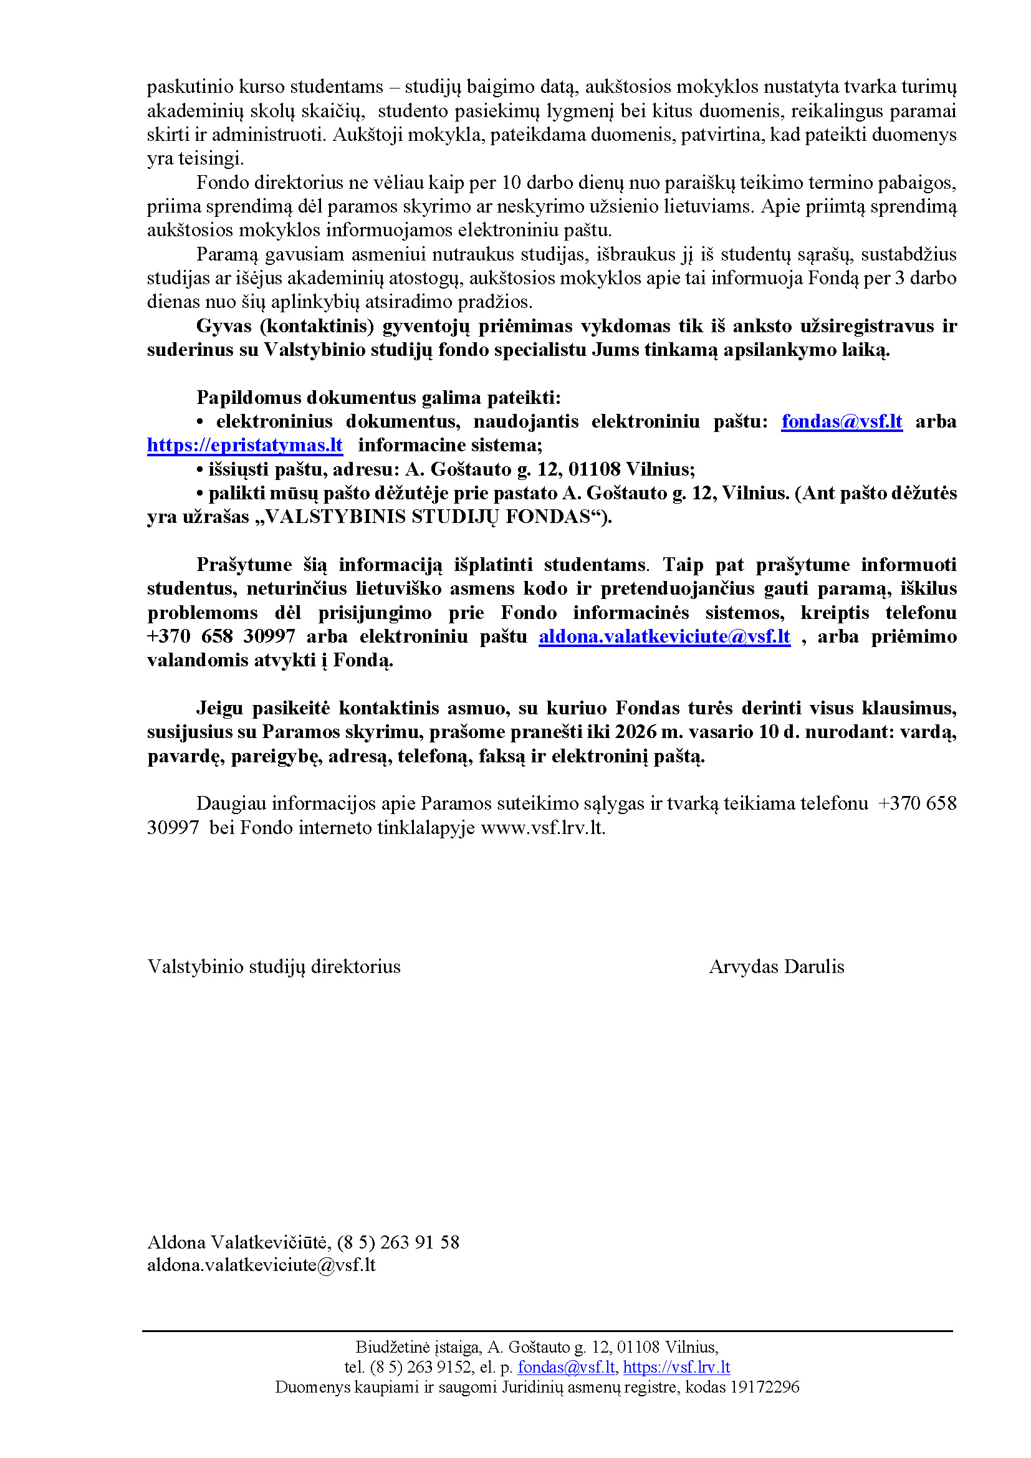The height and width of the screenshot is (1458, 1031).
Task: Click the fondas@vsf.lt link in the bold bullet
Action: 841,421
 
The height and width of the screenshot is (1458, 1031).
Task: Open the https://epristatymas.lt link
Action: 244,445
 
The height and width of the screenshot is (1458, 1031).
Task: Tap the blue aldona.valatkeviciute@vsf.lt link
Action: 664,636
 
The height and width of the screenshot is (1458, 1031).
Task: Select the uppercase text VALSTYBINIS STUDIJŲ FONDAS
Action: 428,517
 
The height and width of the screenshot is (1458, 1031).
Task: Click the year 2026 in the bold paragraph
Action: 635,732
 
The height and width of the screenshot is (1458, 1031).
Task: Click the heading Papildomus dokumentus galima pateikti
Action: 378,398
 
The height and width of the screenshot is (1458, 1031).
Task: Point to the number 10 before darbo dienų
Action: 511,183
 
